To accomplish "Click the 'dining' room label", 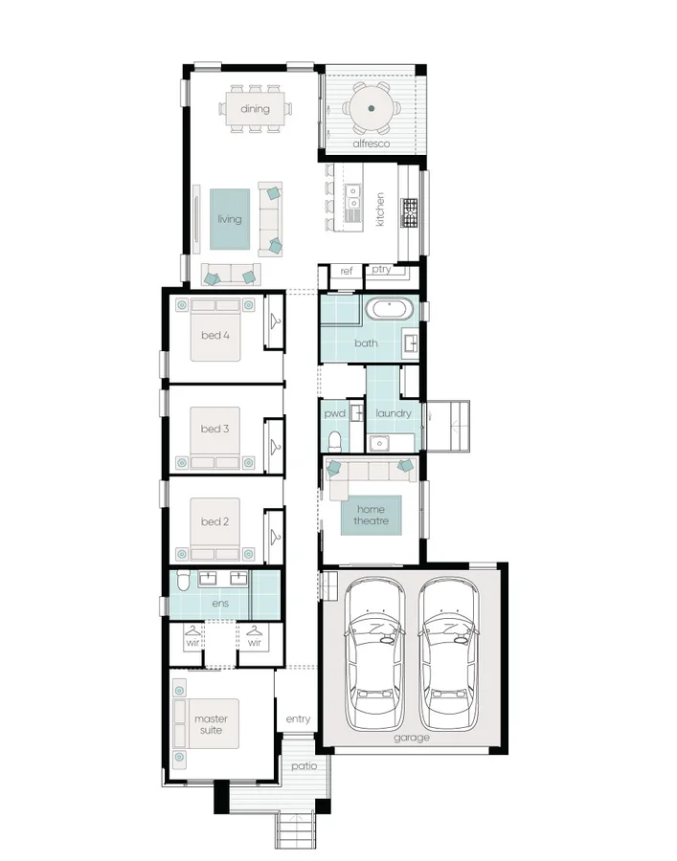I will (x=255, y=109).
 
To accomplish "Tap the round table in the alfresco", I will (x=371, y=108).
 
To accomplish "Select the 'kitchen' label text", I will (x=380, y=210).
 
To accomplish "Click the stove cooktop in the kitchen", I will (x=410, y=212).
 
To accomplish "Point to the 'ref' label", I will (x=347, y=272).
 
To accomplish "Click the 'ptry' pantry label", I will (x=381, y=270).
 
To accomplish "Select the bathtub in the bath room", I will (x=390, y=310).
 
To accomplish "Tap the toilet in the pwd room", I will (x=335, y=441).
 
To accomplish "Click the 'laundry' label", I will (x=394, y=413).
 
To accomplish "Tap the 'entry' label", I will (x=298, y=719).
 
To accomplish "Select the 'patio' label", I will (x=305, y=765).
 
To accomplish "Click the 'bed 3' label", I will (x=214, y=429).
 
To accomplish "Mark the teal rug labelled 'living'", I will (x=230, y=219).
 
